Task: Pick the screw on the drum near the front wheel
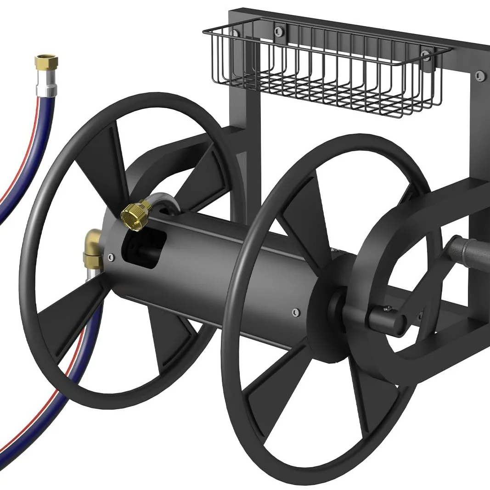pos(295,312)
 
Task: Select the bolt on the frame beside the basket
pos(480,74)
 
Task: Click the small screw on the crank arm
pos(389,308)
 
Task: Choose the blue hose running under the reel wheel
pos(69,367)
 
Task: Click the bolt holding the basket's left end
pos(236,34)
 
